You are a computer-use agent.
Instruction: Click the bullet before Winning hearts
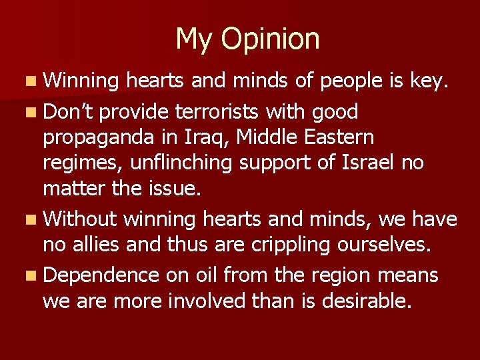coord(33,83)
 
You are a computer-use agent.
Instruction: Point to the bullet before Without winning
coord(33,219)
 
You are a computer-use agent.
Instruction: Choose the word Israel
coord(369,163)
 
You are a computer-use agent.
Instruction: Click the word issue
coord(171,190)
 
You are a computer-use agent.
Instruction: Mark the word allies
coord(100,244)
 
